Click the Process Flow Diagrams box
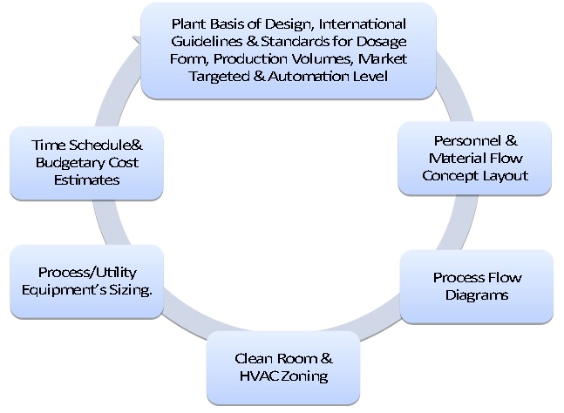477,287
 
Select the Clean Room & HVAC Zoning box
283,368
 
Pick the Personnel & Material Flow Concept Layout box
474,158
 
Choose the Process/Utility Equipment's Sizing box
87,281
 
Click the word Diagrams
477,295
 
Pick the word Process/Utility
87,273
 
